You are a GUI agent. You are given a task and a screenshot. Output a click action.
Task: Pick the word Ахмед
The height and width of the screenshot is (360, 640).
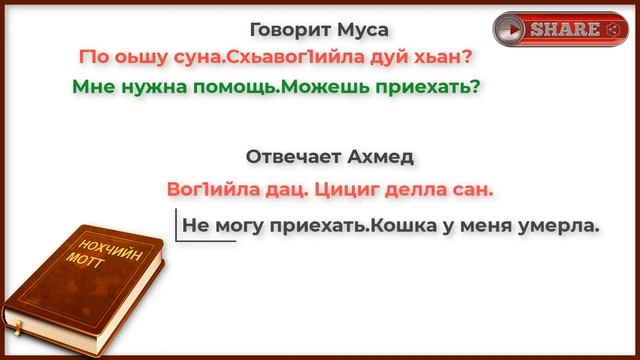384,157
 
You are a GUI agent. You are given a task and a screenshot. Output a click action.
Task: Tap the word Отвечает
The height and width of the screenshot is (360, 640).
294,157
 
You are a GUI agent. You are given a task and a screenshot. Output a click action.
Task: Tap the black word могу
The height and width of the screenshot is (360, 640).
237,225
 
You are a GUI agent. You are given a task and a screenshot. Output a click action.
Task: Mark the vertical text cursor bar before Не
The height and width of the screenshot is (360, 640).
177,225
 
